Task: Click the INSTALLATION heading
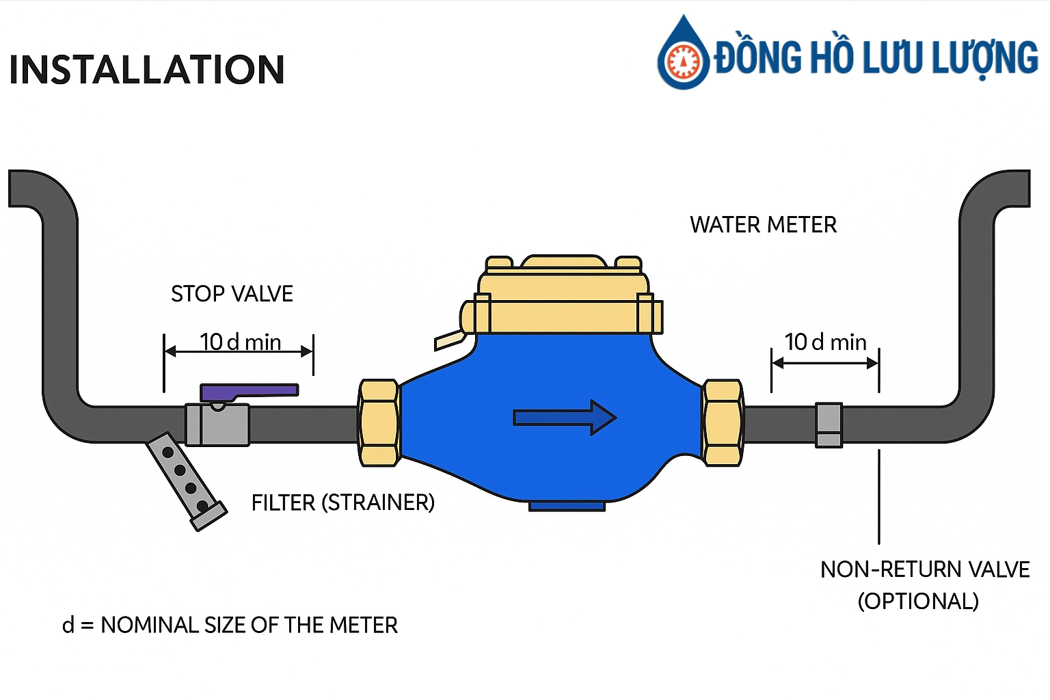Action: coord(146,70)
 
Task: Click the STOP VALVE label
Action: coord(232,294)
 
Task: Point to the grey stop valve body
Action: coord(217,425)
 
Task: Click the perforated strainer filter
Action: coord(185,481)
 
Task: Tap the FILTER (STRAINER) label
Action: coord(342,503)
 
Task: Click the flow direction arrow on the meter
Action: coord(565,418)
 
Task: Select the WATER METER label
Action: coord(763,225)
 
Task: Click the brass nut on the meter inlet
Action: coord(378,423)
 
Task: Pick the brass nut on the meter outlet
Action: coord(723,423)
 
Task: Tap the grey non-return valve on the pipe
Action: coord(829,425)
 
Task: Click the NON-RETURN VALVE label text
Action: coord(924,569)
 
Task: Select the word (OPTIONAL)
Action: coord(918,602)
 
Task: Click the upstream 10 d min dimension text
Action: coord(240,342)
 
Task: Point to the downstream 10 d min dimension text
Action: coord(825,342)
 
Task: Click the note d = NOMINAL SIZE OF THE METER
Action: coord(230,625)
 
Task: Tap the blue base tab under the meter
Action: coord(567,506)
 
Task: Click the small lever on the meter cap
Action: coord(448,340)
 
